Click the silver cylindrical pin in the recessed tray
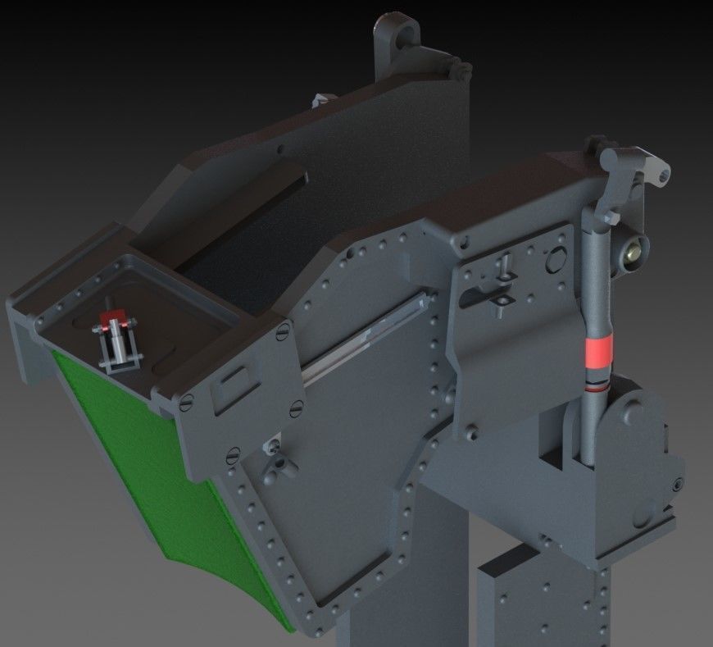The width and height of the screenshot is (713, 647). pos(120,342)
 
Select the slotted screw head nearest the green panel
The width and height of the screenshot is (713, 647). pos(186,401)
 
